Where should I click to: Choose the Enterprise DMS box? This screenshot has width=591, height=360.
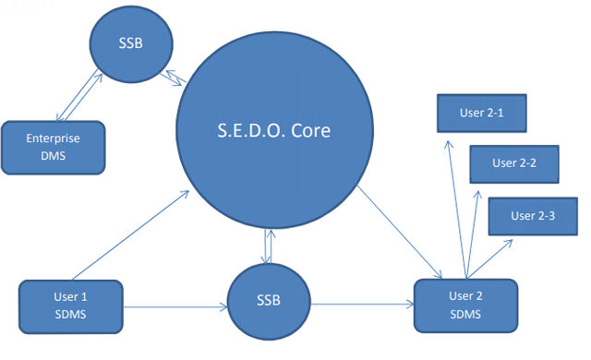[53, 147]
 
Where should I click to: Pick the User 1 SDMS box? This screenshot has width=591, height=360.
[71, 306]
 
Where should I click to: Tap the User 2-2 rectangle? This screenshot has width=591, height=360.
[514, 163]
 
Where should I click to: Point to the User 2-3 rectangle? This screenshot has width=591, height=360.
[533, 216]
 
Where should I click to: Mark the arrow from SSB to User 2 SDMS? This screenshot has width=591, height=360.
[360, 303]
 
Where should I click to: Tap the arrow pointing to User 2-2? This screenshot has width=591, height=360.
[472, 234]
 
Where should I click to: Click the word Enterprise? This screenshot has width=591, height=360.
[53, 138]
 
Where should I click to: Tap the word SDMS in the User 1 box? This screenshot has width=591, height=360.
[71, 315]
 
